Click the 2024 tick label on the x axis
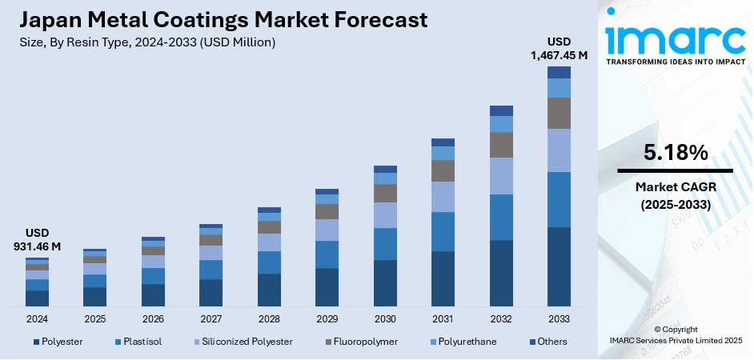(x=37, y=318)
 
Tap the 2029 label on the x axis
(x=327, y=318)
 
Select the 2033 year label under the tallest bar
(x=559, y=318)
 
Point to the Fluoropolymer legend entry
(x=361, y=342)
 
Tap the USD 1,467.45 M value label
(x=558, y=48)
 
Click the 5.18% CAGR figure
(x=675, y=152)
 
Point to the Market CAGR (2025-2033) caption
(x=675, y=195)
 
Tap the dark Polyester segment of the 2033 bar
(x=559, y=266)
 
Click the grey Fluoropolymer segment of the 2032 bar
(x=501, y=145)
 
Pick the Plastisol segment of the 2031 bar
(x=443, y=232)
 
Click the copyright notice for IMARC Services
(x=675, y=335)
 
